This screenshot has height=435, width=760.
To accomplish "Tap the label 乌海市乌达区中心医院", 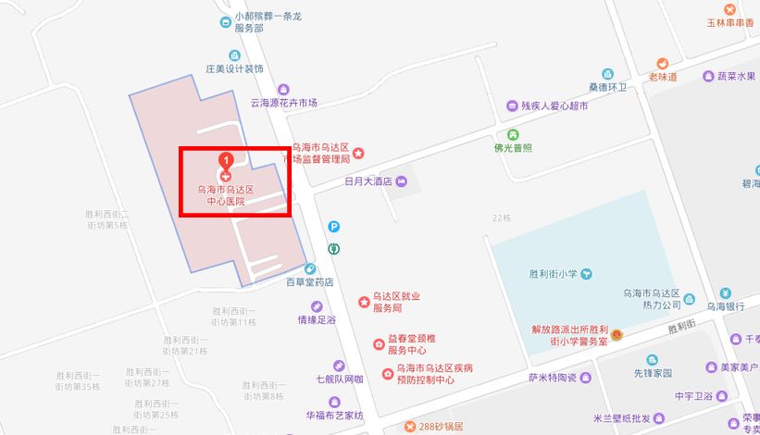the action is coord(225,194).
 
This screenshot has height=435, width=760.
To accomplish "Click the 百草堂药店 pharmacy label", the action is coord(309,281).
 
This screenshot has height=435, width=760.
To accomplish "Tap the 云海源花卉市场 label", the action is coord(283,103).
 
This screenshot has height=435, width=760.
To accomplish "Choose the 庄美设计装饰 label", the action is coord(234,68).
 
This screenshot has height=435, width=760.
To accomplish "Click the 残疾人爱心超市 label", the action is coord(554,106).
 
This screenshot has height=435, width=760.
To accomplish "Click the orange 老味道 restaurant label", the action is coord(663,76).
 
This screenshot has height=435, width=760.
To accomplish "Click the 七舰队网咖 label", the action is coord(340,379).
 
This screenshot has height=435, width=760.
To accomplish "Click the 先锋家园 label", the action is coord(652,373).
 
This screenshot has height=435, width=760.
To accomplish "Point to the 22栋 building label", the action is coord(502,218).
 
